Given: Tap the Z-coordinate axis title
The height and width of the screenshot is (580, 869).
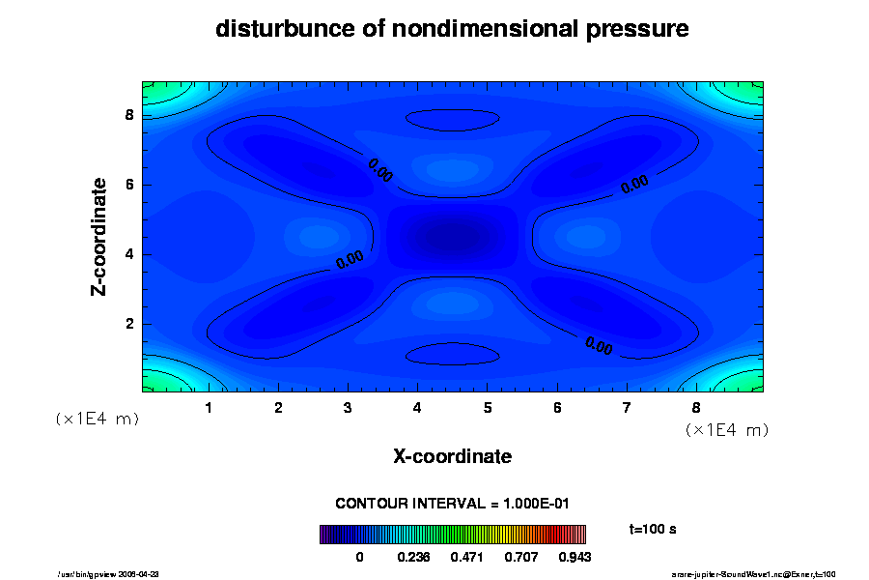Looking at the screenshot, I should pyautogui.click(x=99, y=236).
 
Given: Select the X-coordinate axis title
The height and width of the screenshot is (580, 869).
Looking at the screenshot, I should pyautogui.click(x=452, y=455).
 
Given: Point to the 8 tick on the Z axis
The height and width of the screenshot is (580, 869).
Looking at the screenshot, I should pyautogui.click(x=128, y=115).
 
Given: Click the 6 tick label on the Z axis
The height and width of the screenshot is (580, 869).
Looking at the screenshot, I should pyautogui.click(x=128, y=185).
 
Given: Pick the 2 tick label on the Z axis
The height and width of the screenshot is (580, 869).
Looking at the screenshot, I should pyautogui.click(x=128, y=324).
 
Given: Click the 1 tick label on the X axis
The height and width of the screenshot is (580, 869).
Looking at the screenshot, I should pyautogui.click(x=209, y=408).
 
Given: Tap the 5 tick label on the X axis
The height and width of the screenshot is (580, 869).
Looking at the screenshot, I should pyautogui.click(x=488, y=408).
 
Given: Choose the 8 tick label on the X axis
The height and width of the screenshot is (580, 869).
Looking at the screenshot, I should pyautogui.click(x=696, y=408).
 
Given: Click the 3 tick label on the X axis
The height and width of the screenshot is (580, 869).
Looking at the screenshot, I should pyautogui.click(x=348, y=408).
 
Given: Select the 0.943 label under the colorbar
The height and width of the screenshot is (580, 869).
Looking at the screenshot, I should pyautogui.click(x=574, y=557).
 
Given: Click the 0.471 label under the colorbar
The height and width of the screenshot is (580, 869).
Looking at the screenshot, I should pyautogui.click(x=468, y=557).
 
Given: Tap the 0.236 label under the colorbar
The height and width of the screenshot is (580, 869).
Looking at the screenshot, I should pyautogui.click(x=415, y=557).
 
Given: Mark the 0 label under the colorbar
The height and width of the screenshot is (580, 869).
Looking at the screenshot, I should pyautogui.click(x=359, y=557).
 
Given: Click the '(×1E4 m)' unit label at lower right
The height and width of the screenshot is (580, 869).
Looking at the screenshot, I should pyautogui.click(x=726, y=428).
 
